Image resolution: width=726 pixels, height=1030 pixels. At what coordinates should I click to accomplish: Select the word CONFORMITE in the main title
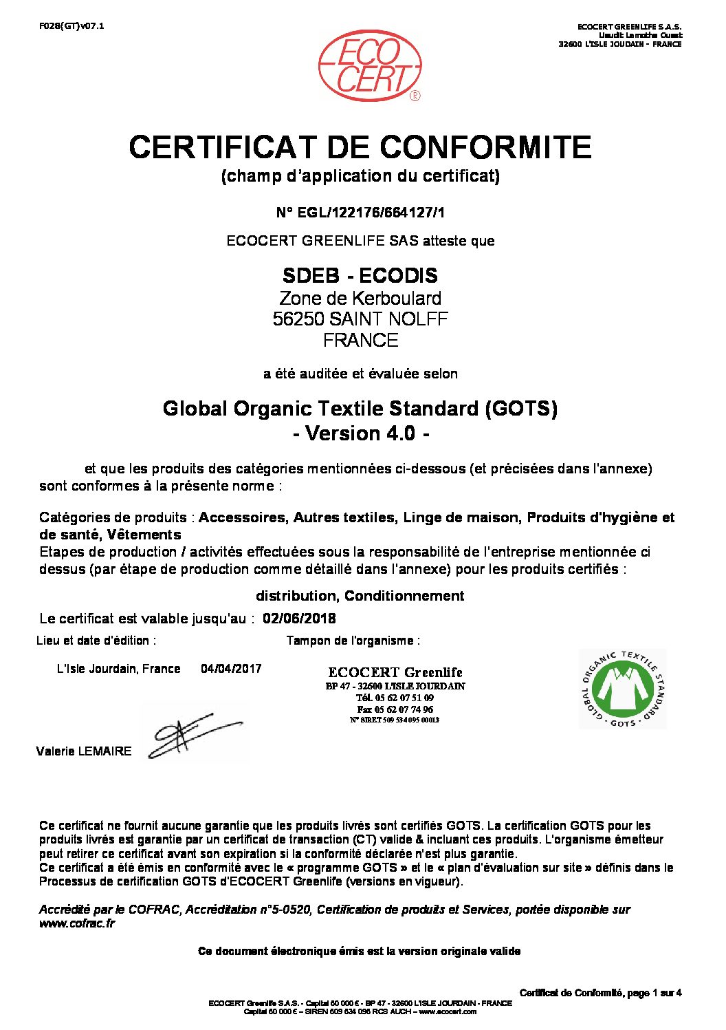[485, 147]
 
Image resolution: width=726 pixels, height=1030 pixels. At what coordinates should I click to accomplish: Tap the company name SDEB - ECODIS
[360, 276]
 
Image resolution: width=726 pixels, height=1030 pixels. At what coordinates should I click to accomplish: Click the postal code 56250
[298, 319]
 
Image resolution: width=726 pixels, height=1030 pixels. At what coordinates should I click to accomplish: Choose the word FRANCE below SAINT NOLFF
[360, 341]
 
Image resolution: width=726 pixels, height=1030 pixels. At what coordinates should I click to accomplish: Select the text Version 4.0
[360, 434]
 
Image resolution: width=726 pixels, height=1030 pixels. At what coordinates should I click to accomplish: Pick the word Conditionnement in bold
[404, 596]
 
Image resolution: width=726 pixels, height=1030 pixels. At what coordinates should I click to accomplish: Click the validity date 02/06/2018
[300, 619]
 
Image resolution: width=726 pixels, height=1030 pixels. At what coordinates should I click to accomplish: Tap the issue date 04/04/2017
[231, 669]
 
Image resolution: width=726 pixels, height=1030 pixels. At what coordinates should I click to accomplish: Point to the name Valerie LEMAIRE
[83, 751]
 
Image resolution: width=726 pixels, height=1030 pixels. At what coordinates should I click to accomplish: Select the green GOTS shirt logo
[622, 689]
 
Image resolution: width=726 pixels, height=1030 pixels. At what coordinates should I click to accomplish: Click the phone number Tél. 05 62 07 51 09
[395, 698]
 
